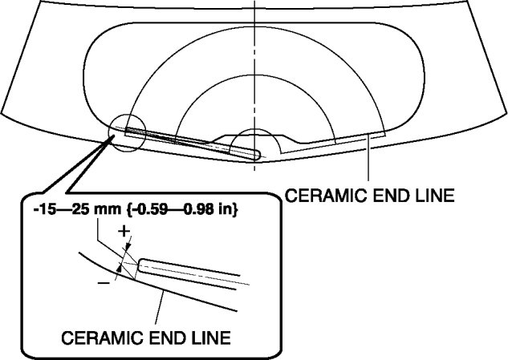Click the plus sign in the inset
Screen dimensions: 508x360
[x=123, y=233]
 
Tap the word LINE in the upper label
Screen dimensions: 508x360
[x=433, y=194]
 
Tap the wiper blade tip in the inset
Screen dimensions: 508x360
[x=143, y=265]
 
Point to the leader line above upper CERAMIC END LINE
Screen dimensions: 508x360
[x=368, y=160]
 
